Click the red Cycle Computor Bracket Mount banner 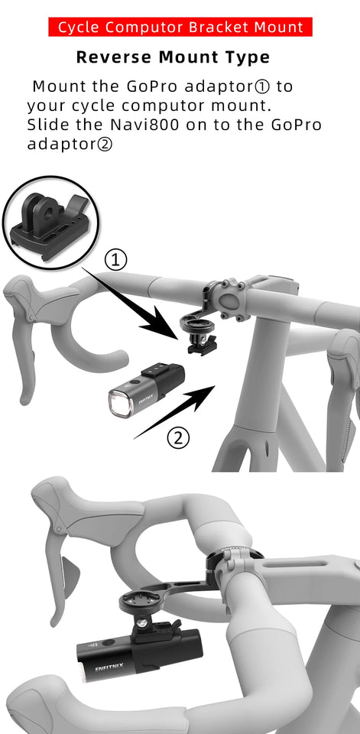(180, 28)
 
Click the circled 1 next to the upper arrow (115, 260)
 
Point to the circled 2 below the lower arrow (178, 438)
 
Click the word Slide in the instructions (46, 125)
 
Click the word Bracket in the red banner (218, 28)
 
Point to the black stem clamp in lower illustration (232, 559)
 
